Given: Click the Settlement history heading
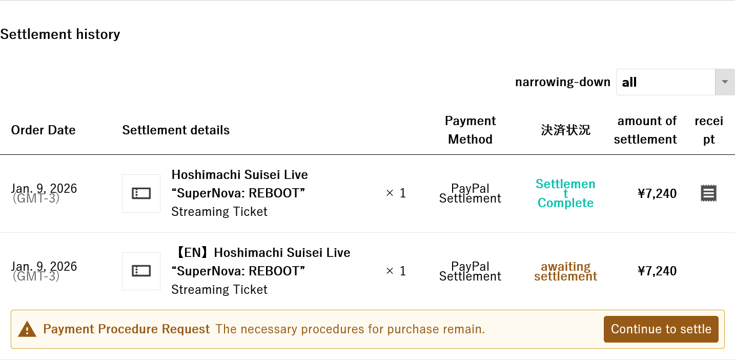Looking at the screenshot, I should coord(60,34).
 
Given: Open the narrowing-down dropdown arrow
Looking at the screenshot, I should coord(724,82).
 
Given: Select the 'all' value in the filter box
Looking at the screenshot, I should coord(629,83).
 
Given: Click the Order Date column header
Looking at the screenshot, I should coord(43,130).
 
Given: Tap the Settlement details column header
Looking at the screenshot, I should coord(176,130).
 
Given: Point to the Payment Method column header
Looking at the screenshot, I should coord(470,130).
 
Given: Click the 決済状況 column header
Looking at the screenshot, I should coord(565,130).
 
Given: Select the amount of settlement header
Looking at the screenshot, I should coord(645,130).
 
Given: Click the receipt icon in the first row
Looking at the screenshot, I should coord(708,193).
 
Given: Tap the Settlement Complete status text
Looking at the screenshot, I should coord(565,193).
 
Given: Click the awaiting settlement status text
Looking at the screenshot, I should coord(565,271).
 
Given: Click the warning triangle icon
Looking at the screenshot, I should coord(27,329).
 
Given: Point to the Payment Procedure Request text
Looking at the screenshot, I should coord(126,329).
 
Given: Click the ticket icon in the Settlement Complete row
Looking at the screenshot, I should coord(141,193).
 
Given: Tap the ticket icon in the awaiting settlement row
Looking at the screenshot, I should coord(141,271).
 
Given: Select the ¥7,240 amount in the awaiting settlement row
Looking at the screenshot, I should coord(657,271).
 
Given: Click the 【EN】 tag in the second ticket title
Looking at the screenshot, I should coord(192,253).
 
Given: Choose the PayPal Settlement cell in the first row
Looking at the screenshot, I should coord(470,193).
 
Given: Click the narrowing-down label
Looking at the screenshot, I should coord(562,83).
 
